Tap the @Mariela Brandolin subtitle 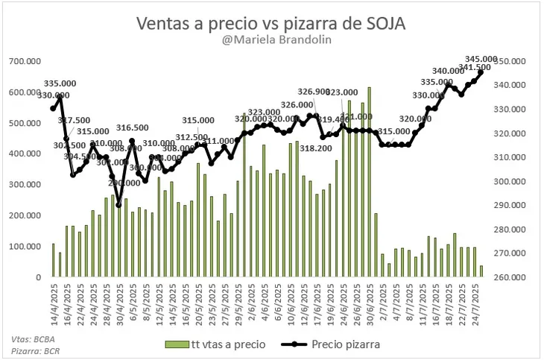pyautogui.click(x=271, y=42)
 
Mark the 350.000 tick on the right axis pyautogui.click(x=515, y=61)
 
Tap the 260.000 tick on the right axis pyautogui.click(x=515, y=277)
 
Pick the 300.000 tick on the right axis pyautogui.click(x=515, y=181)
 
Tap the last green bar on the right pyautogui.click(x=481, y=271)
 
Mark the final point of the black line pyautogui.click(x=481, y=72)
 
